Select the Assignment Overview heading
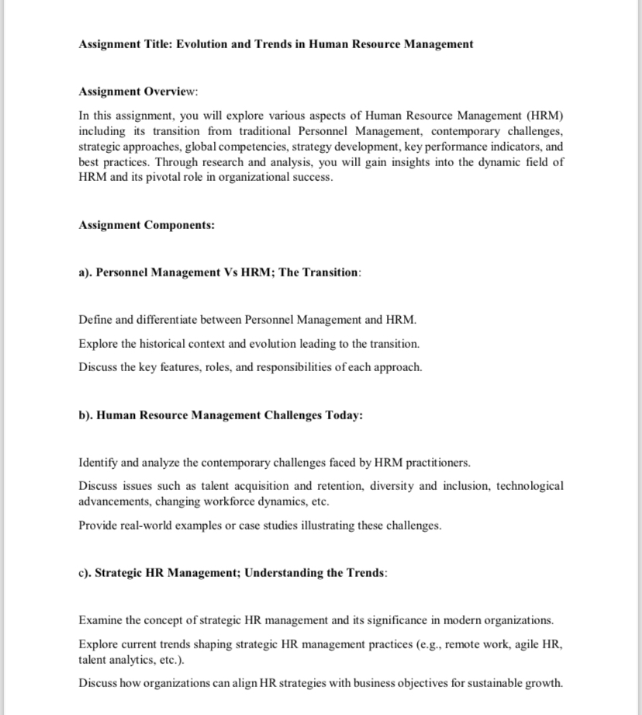coord(138,92)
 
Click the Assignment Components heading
coord(147,225)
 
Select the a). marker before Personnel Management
coord(85,272)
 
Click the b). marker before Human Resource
coord(86,415)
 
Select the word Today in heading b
coord(342,415)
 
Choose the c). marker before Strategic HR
coord(85,573)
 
